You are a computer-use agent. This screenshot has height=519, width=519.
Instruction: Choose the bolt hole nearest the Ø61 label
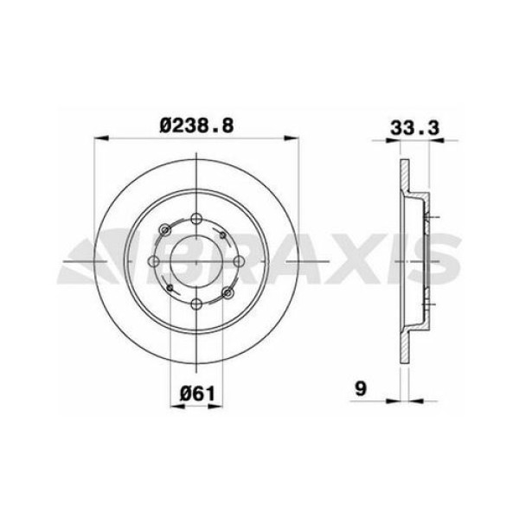pyautogui.click(x=198, y=302)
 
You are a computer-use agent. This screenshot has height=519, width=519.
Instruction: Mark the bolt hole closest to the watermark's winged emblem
pyautogui.click(x=156, y=260)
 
